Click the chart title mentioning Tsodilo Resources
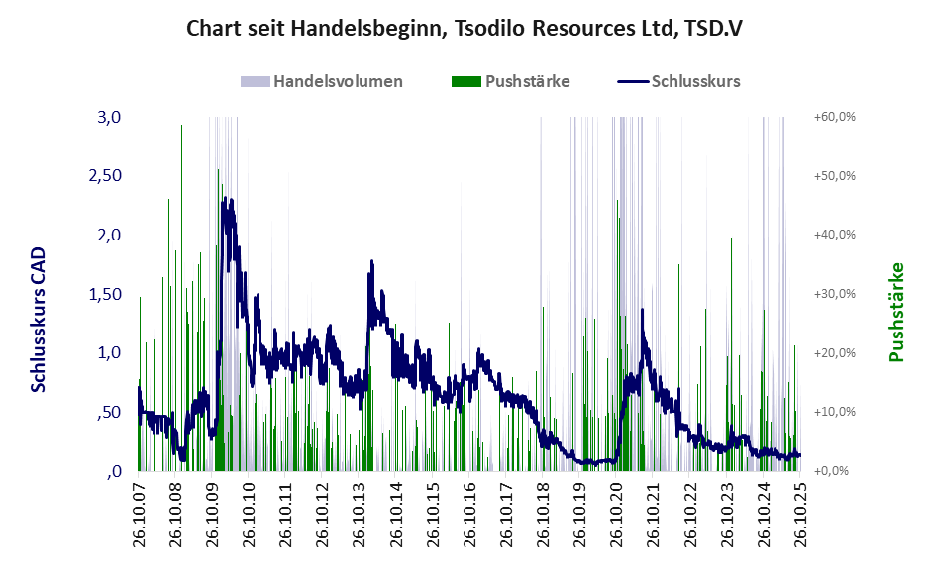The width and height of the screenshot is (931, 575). pyautogui.click(x=465, y=28)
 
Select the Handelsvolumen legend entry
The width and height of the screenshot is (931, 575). pyautogui.click(x=338, y=81)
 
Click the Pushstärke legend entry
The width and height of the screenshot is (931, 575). pyautogui.click(x=527, y=81)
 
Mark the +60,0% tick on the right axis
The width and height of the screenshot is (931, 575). pyautogui.click(x=834, y=117)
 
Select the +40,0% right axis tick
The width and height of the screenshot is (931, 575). pyautogui.click(x=834, y=235)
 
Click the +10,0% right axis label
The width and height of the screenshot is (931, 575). pyautogui.click(x=834, y=412)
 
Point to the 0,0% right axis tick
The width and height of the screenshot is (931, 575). pyautogui.click(x=837, y=471)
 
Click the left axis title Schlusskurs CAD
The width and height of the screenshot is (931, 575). pyautogui.click(x=39, y=320)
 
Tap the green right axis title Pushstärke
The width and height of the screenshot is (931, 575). pyautogui.click(x=897, y=312)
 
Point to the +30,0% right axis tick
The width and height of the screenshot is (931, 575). pyautogui.click(x=834, y=294)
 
